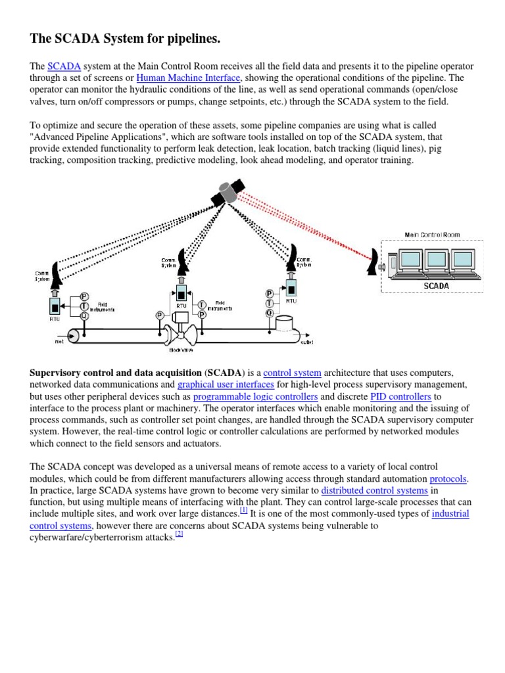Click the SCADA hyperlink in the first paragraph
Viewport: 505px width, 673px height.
pyautogui.click(x=64, y=67)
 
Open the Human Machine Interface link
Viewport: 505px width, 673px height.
pyautogui.click(x=189, y=78)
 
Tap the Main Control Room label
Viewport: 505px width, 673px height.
pyautogui.click(x=431, y=235)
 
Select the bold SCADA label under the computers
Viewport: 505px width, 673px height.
pyautogui.click(x=436, y=286)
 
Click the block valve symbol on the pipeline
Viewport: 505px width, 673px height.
pyautogui.click(x=180, y=331)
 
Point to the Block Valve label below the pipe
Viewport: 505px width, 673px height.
pyautogui.click(x=180, y=350)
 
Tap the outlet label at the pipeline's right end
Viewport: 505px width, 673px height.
pyautogui.click(x=307, y=342)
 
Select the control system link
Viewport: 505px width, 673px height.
pyautogui.click(x=292, y=373)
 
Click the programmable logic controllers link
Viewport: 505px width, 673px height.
pyautogui.click(x=255, y=397)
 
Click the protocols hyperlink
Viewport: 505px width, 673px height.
pyautogui.click(x=448, y=479)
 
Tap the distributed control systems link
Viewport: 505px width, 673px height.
pyautogui.click(x=374, y=491)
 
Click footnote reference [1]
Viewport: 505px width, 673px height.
pyautogui.click(x=243, y=511)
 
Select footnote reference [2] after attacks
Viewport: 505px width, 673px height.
pyautogui.click(x=178, y=534)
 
